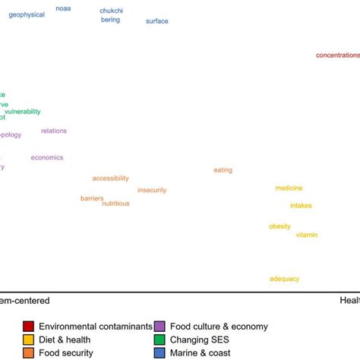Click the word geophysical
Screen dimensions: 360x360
point(27,14)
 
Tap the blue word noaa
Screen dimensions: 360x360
point(64,8)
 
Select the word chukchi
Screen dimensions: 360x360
point(112,11)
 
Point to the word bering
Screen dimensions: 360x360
point(110,20)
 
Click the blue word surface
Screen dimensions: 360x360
point(157,21)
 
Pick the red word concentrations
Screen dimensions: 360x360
point(337,55)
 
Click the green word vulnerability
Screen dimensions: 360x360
point(23,112)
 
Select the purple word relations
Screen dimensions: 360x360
point(54,131)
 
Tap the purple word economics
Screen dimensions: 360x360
point(47,157)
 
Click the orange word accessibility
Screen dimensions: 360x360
point(110,178)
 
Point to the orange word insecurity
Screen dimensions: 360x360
point(152,190)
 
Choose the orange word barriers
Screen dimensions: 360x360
point(92,198)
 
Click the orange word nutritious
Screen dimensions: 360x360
point(115,204)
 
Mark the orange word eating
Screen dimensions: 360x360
point(223,170)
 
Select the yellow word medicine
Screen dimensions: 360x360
point(289,188)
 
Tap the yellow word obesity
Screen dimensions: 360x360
point(279,226)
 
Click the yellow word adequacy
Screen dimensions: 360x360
point(285,279)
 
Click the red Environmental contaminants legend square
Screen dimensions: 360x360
point(28,326)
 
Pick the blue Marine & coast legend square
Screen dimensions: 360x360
point(159,352)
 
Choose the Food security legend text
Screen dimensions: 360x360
point(66,352)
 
